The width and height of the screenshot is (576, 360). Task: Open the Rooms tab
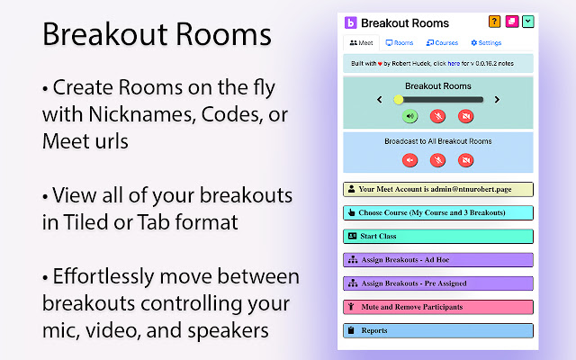click(400, 42)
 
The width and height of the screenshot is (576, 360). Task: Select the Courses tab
click(442, 42)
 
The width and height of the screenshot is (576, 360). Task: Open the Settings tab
click(486, 42)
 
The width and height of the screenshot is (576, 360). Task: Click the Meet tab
click(361, 42)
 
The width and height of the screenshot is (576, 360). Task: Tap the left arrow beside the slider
click(380, 100)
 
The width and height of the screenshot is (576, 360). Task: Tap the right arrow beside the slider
click(497, 100)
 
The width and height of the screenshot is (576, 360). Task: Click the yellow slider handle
click(399, 100)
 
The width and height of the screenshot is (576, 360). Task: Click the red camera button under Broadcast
click(465, 160)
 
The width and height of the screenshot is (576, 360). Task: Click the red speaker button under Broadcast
click(409, 160)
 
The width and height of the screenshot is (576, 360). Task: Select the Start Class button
click(438, 237)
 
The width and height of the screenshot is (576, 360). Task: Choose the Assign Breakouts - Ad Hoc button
click(438, 260)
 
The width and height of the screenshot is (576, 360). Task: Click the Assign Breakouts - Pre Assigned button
click(438, 283)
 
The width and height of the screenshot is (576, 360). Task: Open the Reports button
click(438, 330)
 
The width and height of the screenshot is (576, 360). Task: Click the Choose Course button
click(438, 213)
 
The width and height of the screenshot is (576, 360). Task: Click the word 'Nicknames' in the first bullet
click(140, 115)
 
